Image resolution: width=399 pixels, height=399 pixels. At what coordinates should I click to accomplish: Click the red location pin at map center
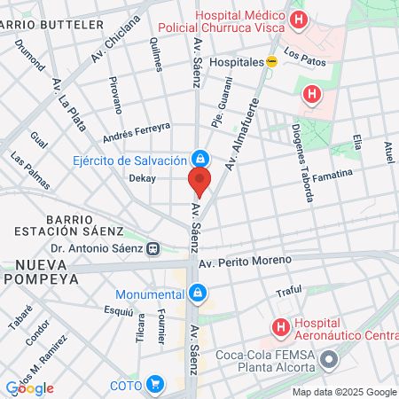click(199, 182)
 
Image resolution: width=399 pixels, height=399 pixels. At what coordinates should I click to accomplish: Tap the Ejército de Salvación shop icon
click(201, 160)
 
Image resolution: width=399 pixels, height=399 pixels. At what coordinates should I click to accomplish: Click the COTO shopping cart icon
click(155, 384)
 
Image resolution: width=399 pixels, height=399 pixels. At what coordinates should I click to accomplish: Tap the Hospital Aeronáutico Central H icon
click(281, 328)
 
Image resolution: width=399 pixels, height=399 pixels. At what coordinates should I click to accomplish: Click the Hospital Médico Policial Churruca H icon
click(300, 20)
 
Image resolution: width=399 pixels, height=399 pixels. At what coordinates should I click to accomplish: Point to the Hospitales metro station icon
click(273, 62)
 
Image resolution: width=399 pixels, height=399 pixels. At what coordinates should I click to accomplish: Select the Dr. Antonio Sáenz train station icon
click(154, 249)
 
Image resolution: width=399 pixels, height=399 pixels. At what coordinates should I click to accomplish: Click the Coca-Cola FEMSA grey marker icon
click(330, 359)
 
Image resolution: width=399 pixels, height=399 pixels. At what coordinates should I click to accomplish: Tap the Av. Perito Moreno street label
click(245, 262)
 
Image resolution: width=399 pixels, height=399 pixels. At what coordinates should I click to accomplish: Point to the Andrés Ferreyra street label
click(136, 132)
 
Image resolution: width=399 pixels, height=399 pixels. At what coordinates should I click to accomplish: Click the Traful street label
click(289, 292)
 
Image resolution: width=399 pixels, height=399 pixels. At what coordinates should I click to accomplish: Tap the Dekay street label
click(142, 178)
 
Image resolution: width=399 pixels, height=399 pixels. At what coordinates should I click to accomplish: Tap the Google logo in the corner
click(29, 387)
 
